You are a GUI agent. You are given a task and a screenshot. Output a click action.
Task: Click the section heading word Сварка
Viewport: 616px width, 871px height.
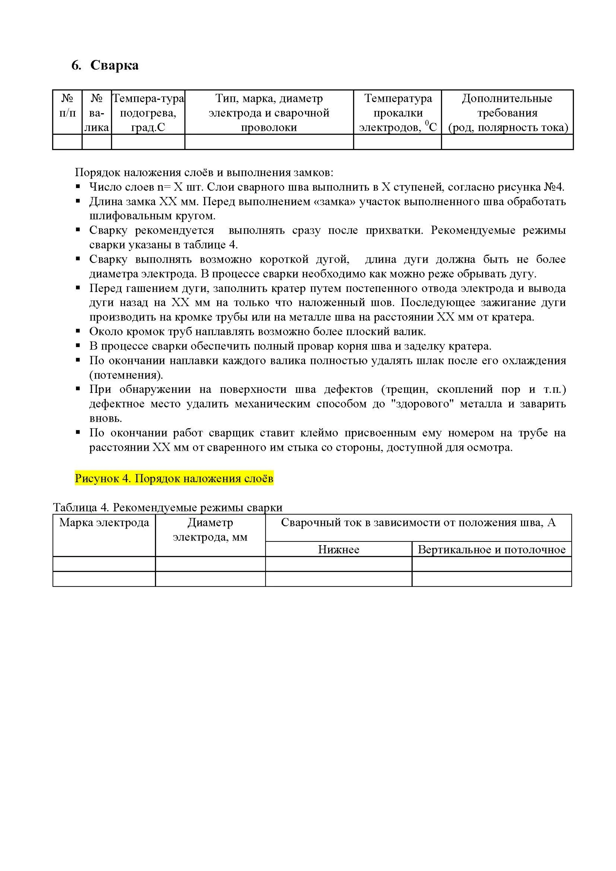pyautogui.click(x=114, y=65)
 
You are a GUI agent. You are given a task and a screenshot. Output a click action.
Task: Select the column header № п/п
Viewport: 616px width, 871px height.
pyautogui.click(x=67, y=106)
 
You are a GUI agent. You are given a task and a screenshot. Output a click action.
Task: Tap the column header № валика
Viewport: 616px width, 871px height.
pyautogui.click(x=97, y=113)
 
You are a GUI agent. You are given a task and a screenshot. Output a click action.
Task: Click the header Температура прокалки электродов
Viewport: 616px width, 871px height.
pyautogui.click(x=397, y=113)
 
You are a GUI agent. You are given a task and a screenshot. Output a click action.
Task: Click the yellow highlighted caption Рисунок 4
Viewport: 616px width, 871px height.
pyautogui.click(x=174, y=479)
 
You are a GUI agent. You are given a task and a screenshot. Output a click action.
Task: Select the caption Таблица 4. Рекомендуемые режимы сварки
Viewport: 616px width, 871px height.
pyautogui.click(x=168, y=508)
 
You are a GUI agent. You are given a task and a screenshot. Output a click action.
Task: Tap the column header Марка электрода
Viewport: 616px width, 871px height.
pyautogui.click(x=104, y=523)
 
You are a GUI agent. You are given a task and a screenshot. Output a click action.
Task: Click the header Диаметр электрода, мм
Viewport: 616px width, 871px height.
pyautogui.click(x=210, y=530)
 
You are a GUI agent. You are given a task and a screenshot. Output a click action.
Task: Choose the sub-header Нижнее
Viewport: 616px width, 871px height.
pyautogui.click(x=338, y=549)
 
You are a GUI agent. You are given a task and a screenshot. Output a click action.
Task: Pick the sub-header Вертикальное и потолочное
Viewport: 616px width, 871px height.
pyautogui.click(x=492, y=549)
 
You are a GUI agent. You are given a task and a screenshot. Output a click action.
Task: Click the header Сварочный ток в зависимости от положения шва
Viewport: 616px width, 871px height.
pyautogui.click(x=418, y=523)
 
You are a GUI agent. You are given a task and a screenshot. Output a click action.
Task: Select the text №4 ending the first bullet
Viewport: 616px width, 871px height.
pyautogui.click(x=554, y=187)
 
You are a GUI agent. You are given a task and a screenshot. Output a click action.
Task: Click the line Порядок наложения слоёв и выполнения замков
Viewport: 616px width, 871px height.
pyautogui.click(x=204, y=173)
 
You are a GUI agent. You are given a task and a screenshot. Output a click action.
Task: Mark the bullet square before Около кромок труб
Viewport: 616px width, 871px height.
pyautogui.click(x=78, y=331)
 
